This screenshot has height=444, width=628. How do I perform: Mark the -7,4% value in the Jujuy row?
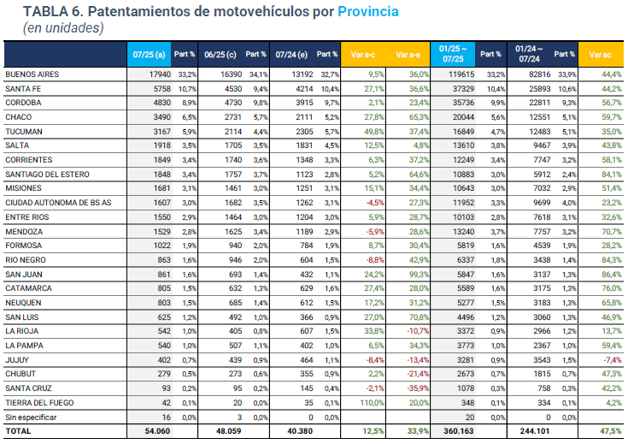(x=608, y=359)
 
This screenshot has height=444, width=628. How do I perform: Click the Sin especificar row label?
(x=29, y=417)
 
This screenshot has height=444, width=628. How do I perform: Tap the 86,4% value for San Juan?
(x=607, y=274)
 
